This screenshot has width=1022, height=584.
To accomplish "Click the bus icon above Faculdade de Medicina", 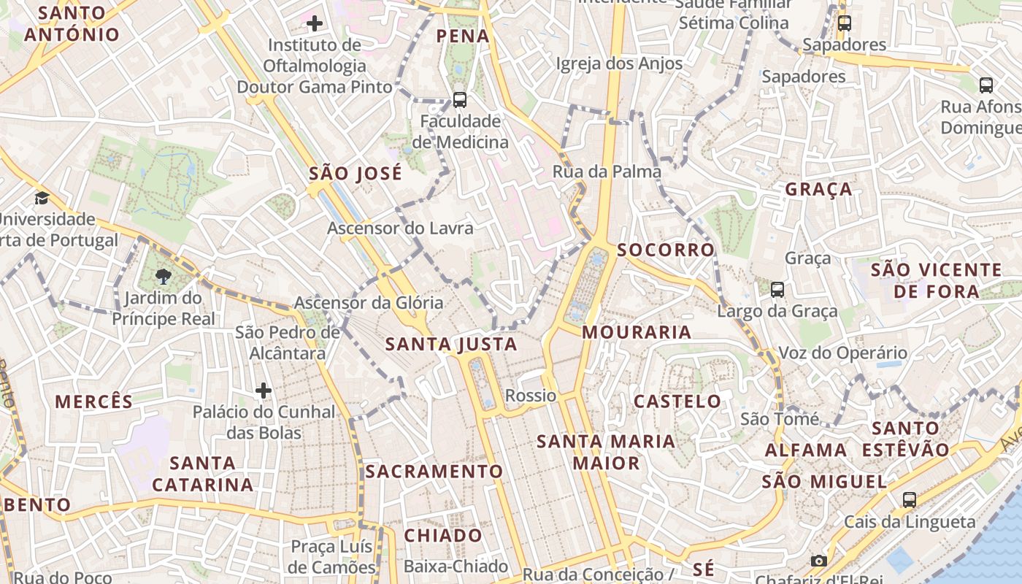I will (x=460, y=99).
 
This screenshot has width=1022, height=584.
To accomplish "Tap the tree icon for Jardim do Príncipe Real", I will (x=164, y=277).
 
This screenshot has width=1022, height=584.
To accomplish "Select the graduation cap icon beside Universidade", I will (x=42, y=198).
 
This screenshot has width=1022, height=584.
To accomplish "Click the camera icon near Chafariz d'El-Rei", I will (x=819, y=561).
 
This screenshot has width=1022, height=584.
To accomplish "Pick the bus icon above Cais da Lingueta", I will (x=909, y=500).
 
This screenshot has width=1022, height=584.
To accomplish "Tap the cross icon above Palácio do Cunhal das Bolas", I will (x=264, y=391).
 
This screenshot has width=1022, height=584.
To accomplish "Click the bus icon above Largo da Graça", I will (x=777, y=290).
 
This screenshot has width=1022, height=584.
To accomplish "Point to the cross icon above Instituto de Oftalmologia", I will (x=315, y=23).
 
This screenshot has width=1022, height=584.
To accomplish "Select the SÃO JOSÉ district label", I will (x=356, y=174).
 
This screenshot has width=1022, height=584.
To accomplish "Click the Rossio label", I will (x=531, y=396).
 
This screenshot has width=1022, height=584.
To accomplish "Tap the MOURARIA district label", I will (x=637, y=333).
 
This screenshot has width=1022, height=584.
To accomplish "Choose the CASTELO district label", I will (x=677, y=401).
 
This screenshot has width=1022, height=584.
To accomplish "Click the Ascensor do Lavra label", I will (x=400, y=228).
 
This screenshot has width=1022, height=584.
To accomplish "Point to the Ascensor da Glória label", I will (x=369, y=302).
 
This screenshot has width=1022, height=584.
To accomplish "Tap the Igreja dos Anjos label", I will (x=619, y=64).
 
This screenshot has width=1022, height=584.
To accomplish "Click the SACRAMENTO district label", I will (x=434, y=472).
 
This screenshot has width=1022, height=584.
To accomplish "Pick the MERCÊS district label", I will (x=94, y=401).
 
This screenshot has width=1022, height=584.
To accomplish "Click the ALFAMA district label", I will (x=806, y=450).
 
